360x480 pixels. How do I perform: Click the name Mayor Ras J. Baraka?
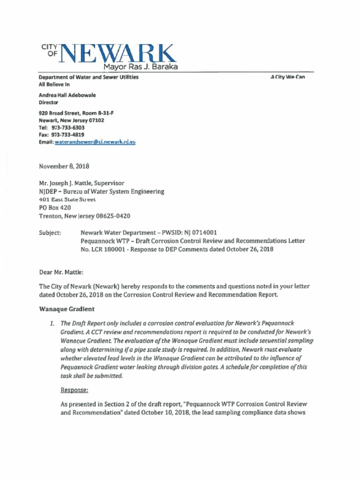[x=140, y=67]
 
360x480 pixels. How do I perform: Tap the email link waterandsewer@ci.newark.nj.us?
[x=95, y=142]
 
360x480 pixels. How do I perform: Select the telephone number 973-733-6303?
[x=68, y=127]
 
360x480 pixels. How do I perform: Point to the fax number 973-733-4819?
[x=68, y=135]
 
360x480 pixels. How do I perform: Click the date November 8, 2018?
[x=64, y=166]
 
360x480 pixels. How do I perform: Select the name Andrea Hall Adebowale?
[x=67, y=95]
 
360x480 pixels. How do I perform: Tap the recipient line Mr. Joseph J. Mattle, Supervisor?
[x=82, y=183]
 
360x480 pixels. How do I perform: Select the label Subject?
[x=50, y=232]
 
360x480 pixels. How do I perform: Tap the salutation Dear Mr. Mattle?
[x=61, y=272]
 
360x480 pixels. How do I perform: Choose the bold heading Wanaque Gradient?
[x=67, y=309]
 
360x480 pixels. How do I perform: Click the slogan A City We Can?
[x=288, y=77]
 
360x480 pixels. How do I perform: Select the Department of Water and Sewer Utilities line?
[x=89, y=77]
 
